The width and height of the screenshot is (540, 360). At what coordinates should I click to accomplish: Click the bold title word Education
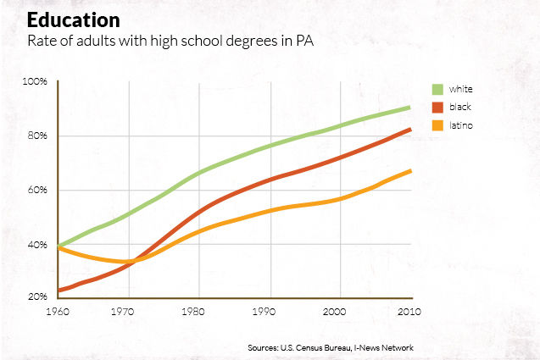[x=72, y=19]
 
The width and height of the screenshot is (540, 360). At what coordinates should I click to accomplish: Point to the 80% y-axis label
[x=36, y=136]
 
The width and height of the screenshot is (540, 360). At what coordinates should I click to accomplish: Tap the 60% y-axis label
[x=36, y=190]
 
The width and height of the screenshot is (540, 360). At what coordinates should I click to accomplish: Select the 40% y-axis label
[x=36, y=244]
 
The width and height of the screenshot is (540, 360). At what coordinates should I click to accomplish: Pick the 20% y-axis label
[x=36, y=297]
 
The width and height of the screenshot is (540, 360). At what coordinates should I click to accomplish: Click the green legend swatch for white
[x=438, y=89]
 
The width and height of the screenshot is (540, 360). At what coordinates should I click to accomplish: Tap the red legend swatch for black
[x=438, y=108]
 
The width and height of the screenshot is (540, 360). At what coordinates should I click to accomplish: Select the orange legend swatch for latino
[x=438, y=125]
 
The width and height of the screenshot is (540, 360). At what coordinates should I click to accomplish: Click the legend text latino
[x=462, y=125]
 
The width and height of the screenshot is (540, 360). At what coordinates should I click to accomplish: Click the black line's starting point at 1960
[x=59, y=291]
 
